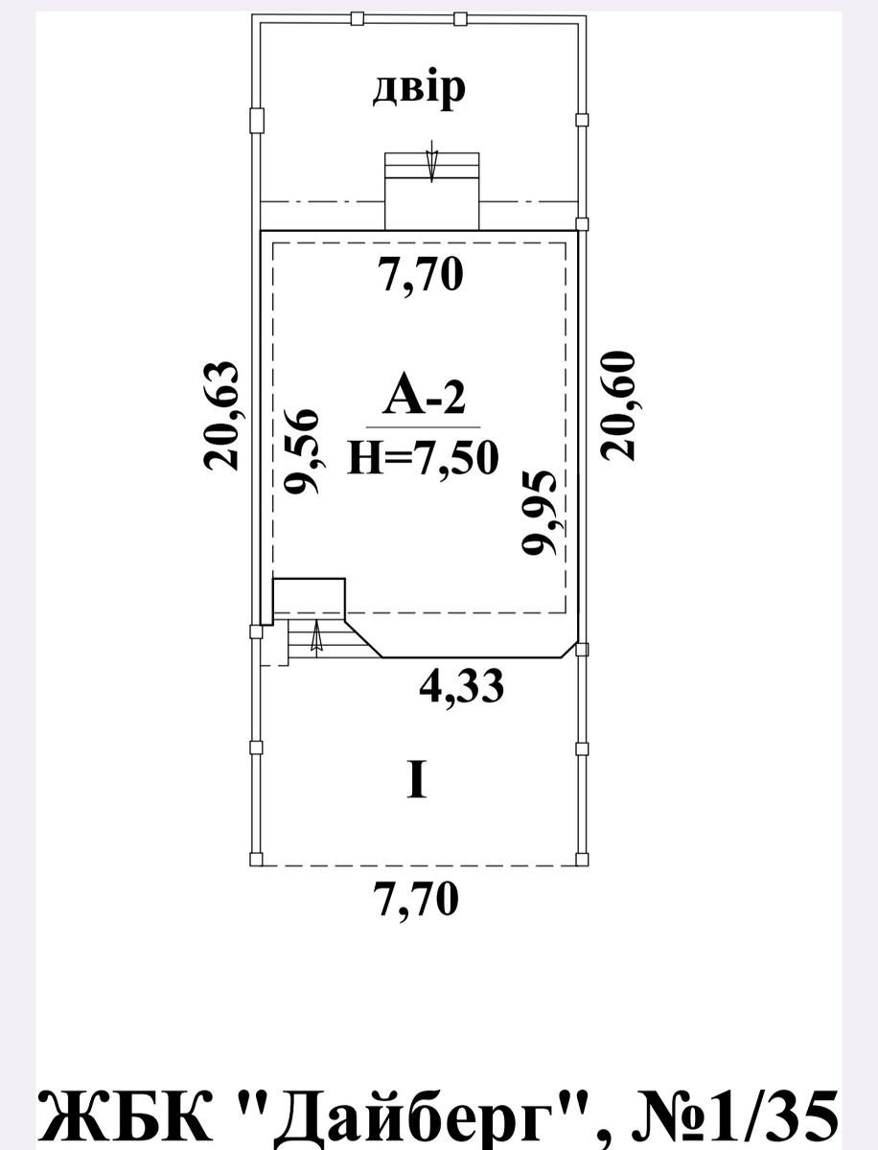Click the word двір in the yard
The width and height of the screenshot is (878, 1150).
(x=419, y=90)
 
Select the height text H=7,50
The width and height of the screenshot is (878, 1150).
(x=423, y=457)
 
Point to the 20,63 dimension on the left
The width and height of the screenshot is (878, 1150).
(x=220, y=415)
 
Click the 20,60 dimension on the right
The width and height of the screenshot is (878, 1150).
(x=617, y=406)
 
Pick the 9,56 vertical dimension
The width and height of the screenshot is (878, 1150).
(x=300, y=451)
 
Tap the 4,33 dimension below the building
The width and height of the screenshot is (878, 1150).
(x=462, y=686)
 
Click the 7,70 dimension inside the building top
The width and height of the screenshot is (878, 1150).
(x=421, y=275)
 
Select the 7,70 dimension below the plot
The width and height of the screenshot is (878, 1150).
(x=417, y=899)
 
